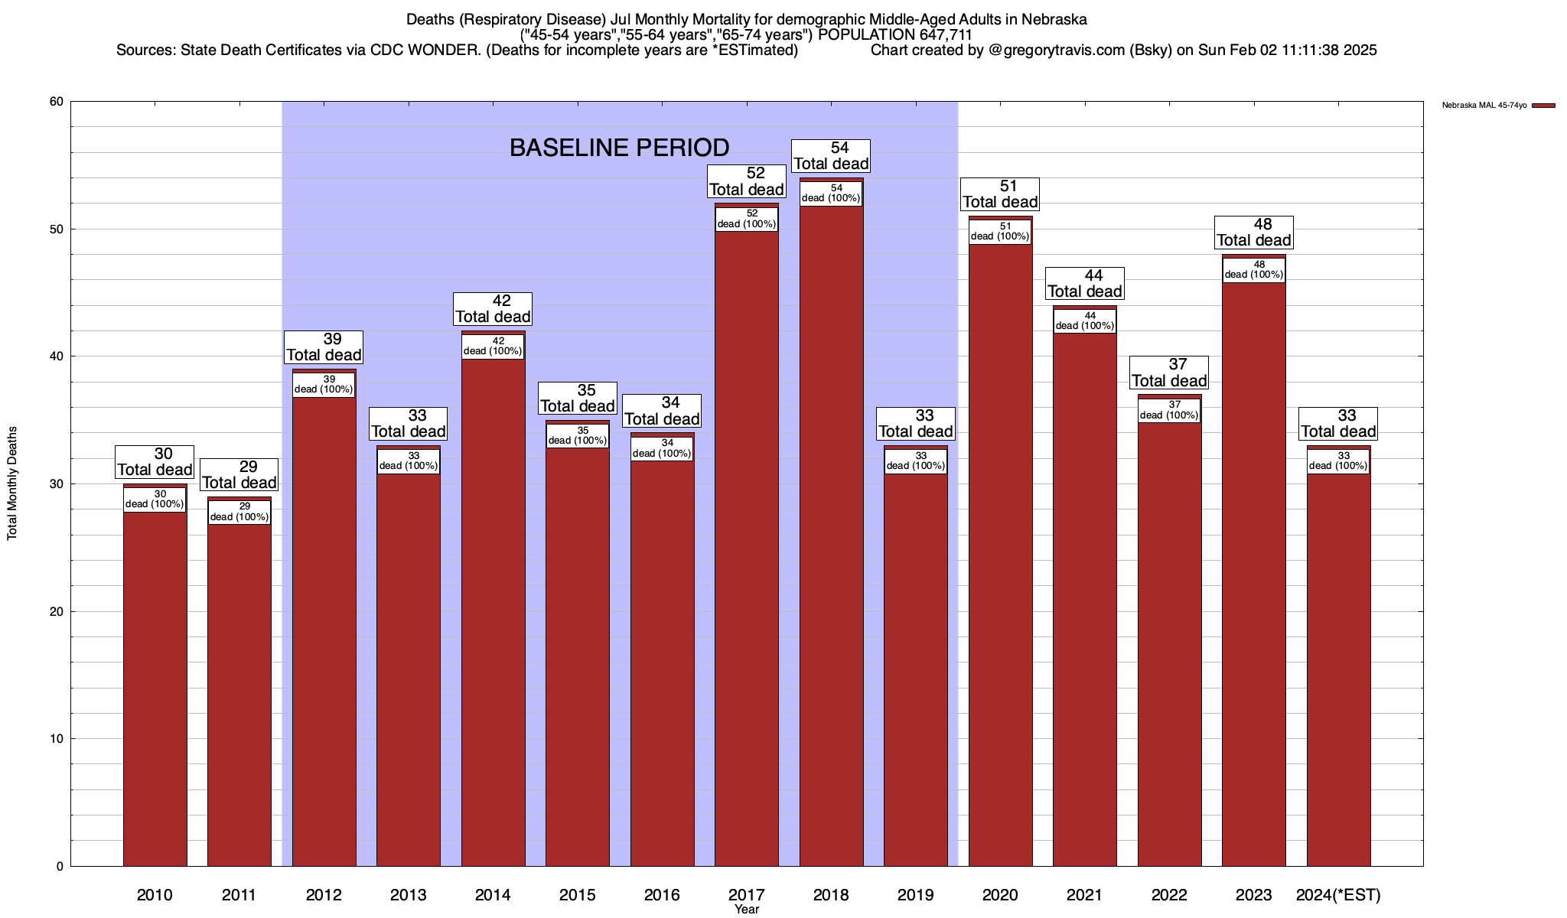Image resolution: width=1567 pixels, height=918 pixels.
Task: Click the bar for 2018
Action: (831, 535)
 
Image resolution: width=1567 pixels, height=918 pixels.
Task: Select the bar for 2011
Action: (239, 688)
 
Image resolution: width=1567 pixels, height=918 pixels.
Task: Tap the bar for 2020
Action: (1000, 551)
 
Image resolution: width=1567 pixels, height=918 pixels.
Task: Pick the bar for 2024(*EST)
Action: (1338, 666)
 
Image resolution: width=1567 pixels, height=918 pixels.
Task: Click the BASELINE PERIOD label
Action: (619, 148)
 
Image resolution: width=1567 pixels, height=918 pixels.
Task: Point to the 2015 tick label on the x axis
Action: (578, 894)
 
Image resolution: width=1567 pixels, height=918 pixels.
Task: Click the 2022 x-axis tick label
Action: (1169, 894)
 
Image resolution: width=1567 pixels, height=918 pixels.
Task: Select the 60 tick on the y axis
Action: (57, 102)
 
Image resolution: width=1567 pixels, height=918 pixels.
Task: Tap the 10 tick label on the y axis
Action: (57, 739)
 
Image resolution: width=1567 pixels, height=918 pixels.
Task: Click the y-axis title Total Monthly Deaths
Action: (12, 483)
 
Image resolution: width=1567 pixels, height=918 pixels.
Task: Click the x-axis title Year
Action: (746, 910)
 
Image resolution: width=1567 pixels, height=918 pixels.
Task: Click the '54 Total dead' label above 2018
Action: (831, 155)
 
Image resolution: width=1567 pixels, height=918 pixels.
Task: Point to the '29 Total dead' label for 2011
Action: (239, 474)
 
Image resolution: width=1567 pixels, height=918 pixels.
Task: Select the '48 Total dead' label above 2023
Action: (1254, 232)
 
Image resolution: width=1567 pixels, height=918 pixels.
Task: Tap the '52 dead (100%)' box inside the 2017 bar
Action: (747, 219)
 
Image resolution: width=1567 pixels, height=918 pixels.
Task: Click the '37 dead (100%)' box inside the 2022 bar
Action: (1169, 410)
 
